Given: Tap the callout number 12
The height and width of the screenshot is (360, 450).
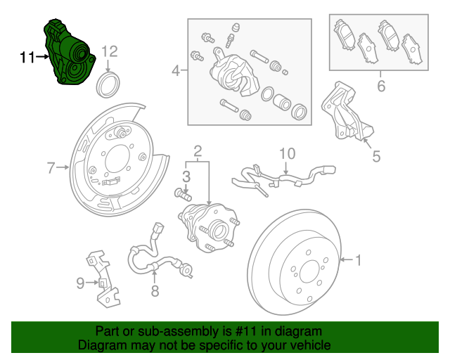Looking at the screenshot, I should tap(109, 51).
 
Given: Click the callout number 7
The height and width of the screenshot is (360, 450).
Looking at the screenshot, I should tap(51, 168).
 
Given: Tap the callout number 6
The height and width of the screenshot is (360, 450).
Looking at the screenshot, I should tap(381, 86).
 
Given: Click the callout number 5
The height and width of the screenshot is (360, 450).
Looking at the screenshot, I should tap(376, 156).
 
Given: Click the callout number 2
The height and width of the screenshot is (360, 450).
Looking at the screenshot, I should tap(198, 150).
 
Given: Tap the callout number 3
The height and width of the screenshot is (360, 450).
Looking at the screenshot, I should tap(186, 175).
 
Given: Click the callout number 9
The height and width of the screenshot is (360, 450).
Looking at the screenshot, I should tap(80, 283).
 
